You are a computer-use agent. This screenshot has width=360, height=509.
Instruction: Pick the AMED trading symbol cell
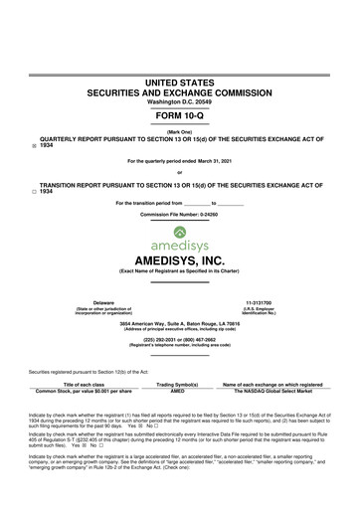(x=179, y=391)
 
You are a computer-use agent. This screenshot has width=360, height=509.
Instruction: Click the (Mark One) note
(x=180, y=132)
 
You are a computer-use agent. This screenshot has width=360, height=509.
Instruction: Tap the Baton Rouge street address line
(x=180, y=324)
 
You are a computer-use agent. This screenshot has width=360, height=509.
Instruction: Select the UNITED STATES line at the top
(x=180, y=79)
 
